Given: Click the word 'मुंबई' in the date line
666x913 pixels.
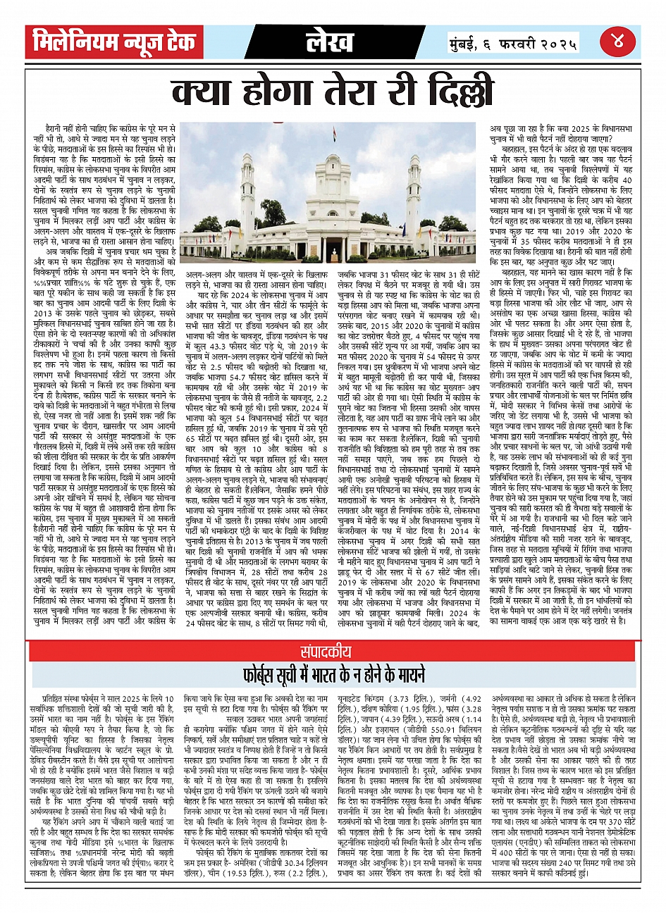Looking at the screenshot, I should (x=464, y=44).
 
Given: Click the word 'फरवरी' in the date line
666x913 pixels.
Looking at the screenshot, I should (x=515, y=44).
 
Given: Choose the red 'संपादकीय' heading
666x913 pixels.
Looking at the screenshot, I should (x=333, y=652).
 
